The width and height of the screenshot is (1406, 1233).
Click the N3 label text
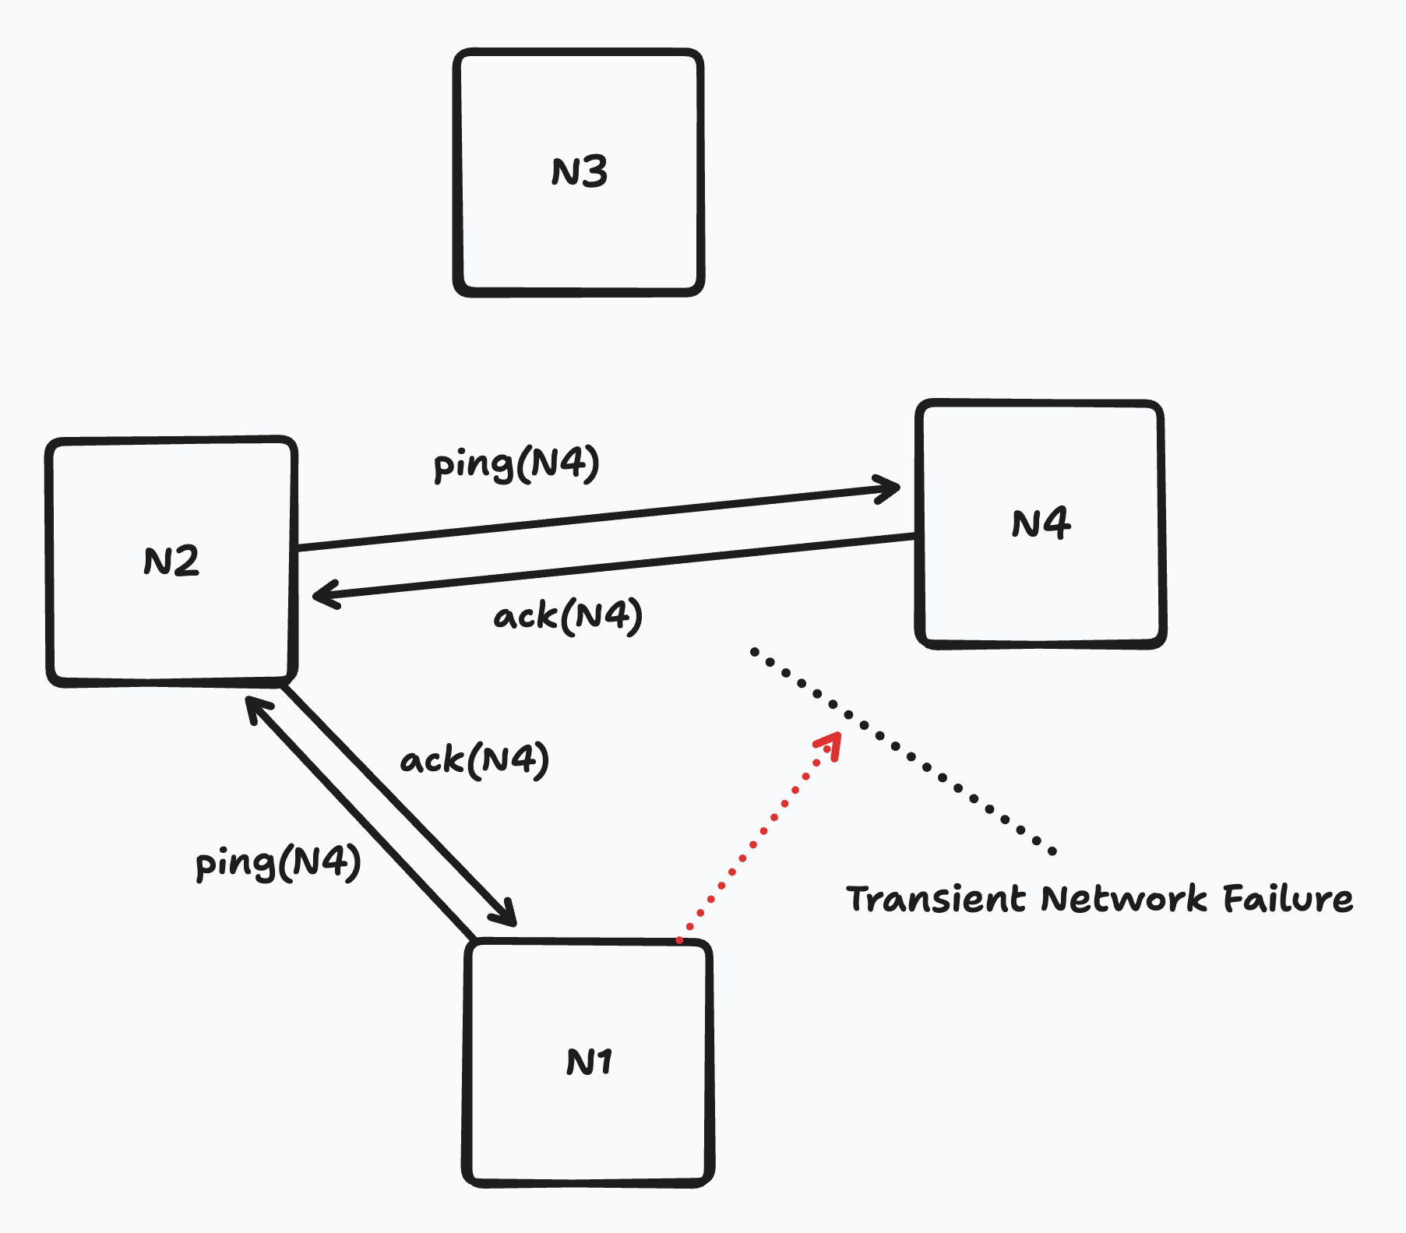(580, 171)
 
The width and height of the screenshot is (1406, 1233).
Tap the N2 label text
(171, 561)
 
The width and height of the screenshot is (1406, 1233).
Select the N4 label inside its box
(1041, 523)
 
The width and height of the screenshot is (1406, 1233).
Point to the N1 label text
(589, 1062)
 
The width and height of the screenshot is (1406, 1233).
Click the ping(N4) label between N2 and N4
(516, 464)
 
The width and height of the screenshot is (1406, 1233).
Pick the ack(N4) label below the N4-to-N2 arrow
(568, 617)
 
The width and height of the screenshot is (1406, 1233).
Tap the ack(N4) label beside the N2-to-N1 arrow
(474, 760)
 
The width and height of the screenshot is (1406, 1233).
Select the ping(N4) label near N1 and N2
(278, 863)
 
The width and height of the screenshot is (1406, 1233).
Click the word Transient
(936, 899)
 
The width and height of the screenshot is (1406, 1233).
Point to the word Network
(1124, 899)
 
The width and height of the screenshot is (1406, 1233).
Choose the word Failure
(1288, 899)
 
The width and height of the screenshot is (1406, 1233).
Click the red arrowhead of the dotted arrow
(831, 743)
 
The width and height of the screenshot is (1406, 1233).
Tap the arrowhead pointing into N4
(890, 489)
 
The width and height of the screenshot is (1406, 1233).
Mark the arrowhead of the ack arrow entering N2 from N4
(322, 596)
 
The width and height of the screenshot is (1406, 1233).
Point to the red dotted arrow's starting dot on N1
(679, 940)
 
